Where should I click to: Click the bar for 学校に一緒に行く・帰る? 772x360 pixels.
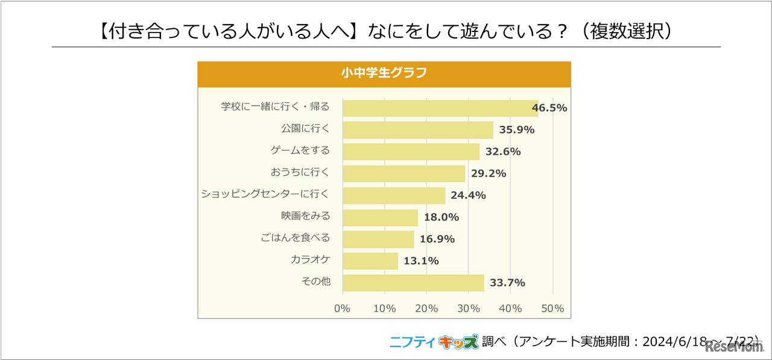440,109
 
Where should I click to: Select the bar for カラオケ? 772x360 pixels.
370,261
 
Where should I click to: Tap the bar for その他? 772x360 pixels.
413,283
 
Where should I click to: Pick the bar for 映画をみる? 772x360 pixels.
380,218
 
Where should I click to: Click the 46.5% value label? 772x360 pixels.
549,109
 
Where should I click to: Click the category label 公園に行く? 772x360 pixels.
305,129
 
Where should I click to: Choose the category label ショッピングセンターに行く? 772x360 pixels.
265,194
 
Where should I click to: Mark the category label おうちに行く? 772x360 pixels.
300,172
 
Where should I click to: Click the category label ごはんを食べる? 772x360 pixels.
300,238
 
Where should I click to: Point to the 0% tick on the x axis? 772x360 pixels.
343,309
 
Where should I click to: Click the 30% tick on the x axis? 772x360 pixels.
469,309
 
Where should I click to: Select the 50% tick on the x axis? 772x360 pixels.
552,309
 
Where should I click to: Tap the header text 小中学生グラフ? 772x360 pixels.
384,74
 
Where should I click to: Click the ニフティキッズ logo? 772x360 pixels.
434,341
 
